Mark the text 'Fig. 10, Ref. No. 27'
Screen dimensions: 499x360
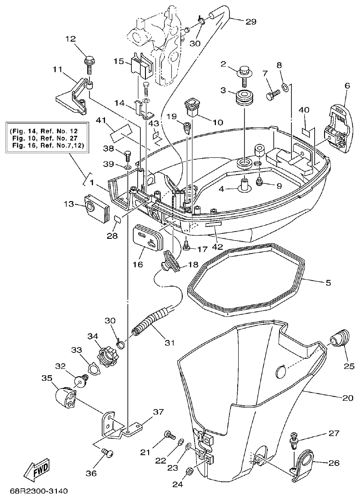click(x=49, y=138)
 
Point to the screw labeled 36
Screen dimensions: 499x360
click(x=107, y=452)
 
